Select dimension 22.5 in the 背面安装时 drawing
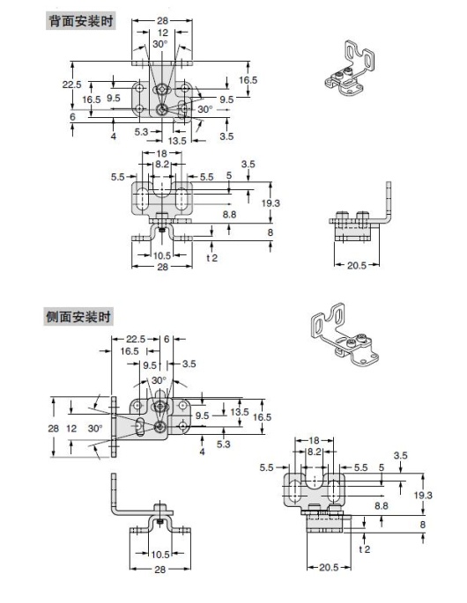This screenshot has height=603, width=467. [x=71, y=85]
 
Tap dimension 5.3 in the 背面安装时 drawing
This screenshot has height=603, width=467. [x=142, y=131]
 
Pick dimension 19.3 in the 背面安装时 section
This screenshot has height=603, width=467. [x=271, y=202]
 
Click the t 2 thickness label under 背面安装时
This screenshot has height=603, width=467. [x=212, y=257]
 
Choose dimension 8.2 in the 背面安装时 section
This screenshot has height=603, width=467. [x=162, y=165]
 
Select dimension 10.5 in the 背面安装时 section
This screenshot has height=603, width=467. [x=162, y=255]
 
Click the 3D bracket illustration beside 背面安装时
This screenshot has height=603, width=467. [x=356, y=66]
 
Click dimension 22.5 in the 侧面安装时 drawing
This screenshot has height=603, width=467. [x=135, y=338]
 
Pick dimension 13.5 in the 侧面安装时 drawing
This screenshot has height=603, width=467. [x=240, y=411]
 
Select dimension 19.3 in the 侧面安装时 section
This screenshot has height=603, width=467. [x=424, y=496]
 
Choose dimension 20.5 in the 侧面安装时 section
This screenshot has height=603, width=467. [x=328, y=567]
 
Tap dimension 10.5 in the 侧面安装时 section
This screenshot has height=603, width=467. [x=159, y=554]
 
